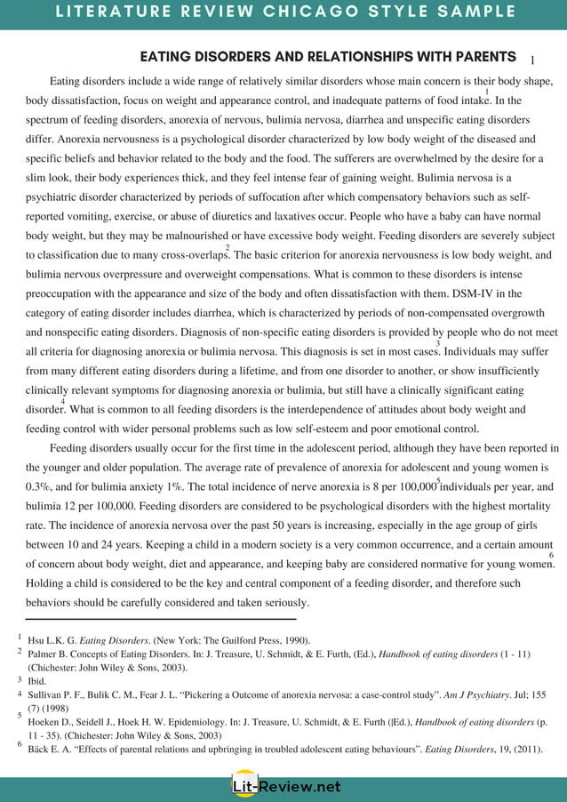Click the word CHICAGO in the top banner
tap(342, 12)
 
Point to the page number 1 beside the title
tap(531, 60)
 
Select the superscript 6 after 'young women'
tap(551, 556)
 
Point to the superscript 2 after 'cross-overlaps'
tap(228, 248)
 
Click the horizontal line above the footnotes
tap(160, 619)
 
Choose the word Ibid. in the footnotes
tap(39, 680)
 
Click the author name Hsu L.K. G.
tap(52, 639)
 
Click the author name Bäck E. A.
tap(52, 750)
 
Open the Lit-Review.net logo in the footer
tap(283, 786)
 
